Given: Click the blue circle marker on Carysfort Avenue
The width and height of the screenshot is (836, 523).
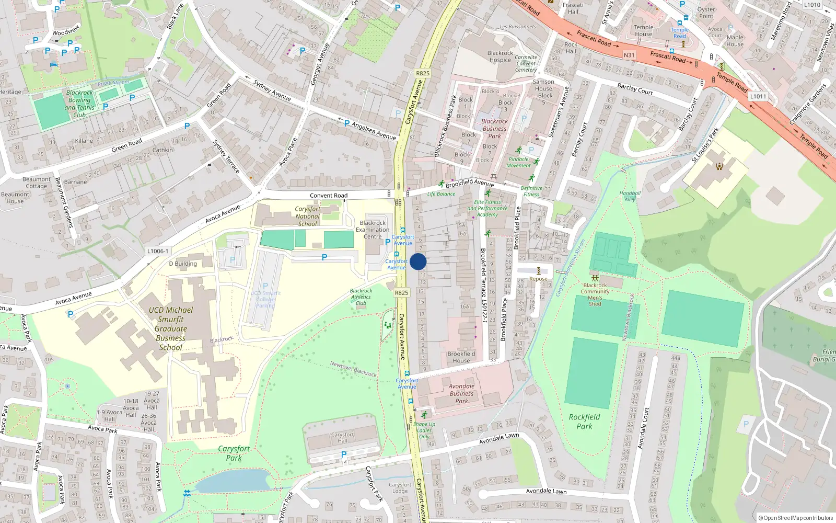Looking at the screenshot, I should click(418, 261).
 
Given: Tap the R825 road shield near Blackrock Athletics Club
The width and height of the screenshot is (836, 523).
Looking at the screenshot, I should click(401, 293).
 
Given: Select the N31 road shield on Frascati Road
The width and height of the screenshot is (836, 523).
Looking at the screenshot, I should click(629, 55).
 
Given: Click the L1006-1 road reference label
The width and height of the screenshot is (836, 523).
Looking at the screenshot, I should click(158, 251).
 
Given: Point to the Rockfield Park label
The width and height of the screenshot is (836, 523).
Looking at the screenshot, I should click(584, 422).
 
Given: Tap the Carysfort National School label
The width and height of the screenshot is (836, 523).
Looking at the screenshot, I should click(308, 217).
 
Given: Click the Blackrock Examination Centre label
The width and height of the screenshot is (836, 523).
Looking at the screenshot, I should click(373, 230).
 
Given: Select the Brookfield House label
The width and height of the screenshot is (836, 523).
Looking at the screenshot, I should click(461, 357).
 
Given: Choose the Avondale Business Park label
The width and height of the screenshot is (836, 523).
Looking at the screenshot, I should click(461, 393).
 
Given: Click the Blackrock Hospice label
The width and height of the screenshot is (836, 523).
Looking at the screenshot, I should click(500, 56).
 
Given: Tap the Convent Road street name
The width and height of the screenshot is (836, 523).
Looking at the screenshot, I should click(328, 196).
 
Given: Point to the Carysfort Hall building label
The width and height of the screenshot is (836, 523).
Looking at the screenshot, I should click(342, 437).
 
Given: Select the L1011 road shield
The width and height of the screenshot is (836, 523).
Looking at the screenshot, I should click(758, 96).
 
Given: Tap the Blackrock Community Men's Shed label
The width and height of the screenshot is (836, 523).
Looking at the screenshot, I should click(595, 294).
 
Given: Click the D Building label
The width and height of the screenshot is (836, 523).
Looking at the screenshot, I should click(183, 264).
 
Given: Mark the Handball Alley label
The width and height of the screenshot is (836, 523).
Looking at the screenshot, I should click(630, 196).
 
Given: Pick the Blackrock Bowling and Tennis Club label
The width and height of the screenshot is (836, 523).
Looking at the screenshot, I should click(79, 104).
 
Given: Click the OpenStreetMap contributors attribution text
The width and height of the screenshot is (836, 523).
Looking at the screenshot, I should click(795, 518).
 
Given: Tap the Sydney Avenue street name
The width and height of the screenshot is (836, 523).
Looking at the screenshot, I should click(272, 90).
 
